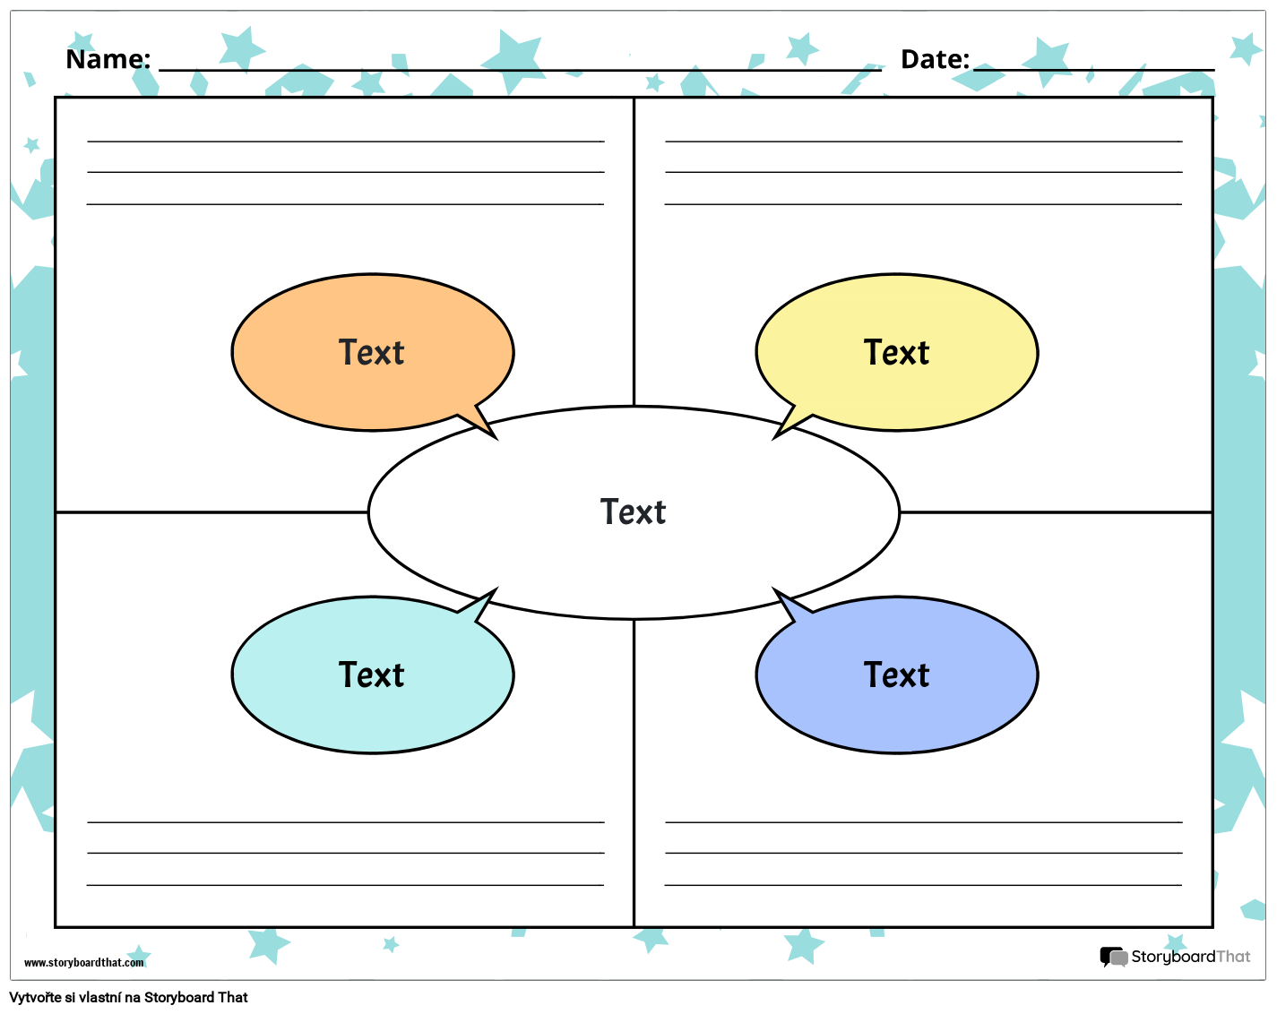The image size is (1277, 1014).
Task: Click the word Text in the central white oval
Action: pos(633,512)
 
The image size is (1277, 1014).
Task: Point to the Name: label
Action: pos(108,59)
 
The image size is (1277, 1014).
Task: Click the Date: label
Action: pos(935,59)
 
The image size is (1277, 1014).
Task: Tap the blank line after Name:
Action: pos(520,69)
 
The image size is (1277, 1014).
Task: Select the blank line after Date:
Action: pos(1093,69)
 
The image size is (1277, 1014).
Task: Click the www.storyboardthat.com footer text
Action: pos(83,963)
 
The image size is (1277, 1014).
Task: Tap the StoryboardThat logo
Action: pos(1175,957)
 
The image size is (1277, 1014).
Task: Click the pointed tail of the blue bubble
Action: pos(785,603)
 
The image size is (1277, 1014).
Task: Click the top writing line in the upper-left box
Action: pos(345,142)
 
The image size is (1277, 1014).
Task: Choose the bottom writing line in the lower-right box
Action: pos(923,885)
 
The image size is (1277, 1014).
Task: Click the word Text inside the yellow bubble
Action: pos(896,353)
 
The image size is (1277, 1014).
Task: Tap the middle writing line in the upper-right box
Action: pos(923,172)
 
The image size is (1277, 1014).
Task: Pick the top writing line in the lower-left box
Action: pos(345,821)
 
